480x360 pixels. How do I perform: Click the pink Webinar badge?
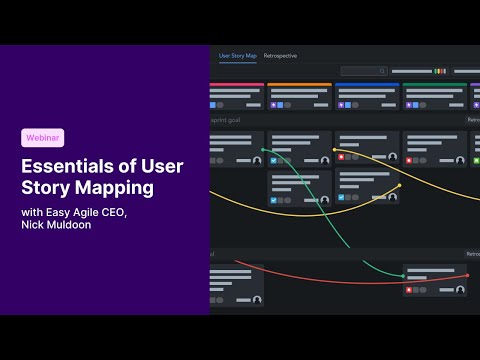[42, 138]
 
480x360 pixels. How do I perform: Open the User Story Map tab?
[238, 56]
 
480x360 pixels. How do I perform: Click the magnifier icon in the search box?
[381, 71]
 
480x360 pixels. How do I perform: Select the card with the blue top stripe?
[366, 96]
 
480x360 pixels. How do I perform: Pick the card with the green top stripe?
[433, 96]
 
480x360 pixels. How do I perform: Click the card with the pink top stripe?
[237, 96]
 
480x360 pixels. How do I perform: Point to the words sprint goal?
[227, 119]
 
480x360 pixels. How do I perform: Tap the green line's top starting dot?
[264, 151]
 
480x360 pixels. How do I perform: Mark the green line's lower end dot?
[405, 276]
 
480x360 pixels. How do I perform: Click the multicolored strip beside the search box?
[439, 71]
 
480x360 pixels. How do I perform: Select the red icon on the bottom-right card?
[408, 290]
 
